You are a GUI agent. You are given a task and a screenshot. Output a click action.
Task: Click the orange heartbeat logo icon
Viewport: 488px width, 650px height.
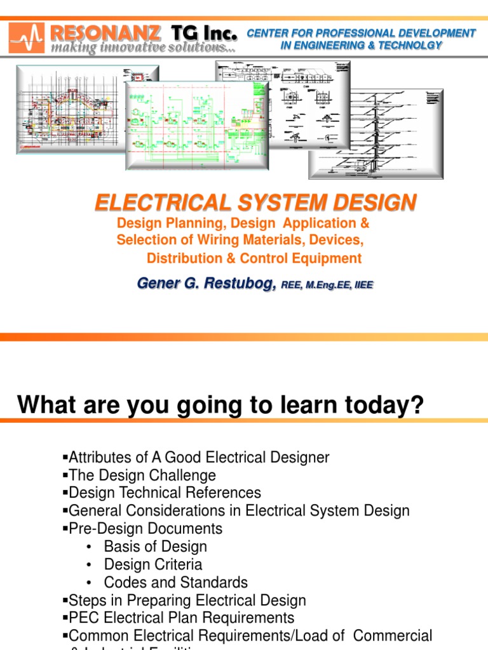tap(27, 37)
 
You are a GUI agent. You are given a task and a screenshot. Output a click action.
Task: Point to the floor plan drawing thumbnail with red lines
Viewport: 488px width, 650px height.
tap(70, 109)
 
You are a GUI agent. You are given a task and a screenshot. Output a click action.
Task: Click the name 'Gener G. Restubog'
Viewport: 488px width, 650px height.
tap(207, 284)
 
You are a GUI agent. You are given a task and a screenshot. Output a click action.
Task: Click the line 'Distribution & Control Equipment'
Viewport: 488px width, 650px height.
tap(254, 258)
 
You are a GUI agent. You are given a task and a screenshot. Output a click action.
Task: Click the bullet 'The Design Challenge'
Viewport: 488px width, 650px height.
tap(142, 475)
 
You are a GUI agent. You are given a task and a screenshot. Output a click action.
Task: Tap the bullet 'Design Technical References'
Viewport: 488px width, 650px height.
tap(164, 493)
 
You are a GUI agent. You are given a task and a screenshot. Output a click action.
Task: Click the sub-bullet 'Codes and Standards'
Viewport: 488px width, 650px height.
tap(176, 582)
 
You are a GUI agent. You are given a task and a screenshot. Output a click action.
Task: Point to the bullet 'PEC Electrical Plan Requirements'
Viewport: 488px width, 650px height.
tap(181, 618)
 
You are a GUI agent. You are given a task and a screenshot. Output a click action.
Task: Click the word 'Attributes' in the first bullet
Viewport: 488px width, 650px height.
tap(97, 457)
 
